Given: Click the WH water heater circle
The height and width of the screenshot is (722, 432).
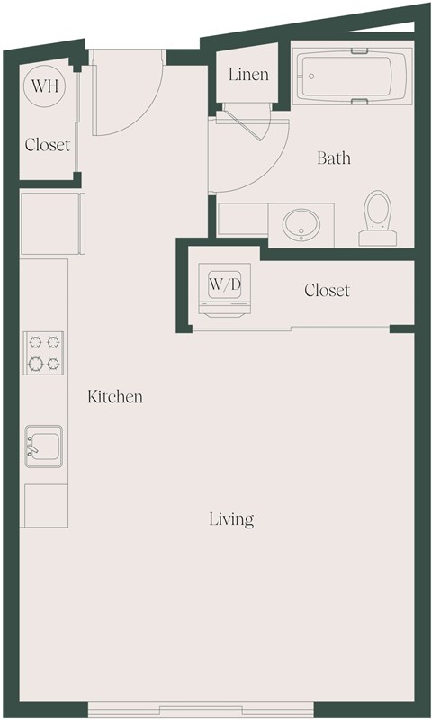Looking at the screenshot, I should click(41, 86).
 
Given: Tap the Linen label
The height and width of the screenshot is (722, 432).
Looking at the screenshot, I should click(247, 75).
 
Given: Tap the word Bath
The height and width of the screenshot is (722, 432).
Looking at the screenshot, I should click(333, 158).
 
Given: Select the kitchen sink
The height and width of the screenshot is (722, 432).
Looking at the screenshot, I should click(43, 447).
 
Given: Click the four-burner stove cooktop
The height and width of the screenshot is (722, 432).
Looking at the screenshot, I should click(43, 353).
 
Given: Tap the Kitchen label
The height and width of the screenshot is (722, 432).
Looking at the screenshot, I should click(115, 396).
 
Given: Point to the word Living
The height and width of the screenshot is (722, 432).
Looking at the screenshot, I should click(231, 519).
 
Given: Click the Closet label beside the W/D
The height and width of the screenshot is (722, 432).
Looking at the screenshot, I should click(327, 291).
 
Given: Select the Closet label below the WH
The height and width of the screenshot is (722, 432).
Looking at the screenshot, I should click(47, 145).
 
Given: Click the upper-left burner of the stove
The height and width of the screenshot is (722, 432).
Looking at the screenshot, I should click(35, 342).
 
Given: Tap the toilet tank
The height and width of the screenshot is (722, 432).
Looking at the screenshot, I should click(377, 238).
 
